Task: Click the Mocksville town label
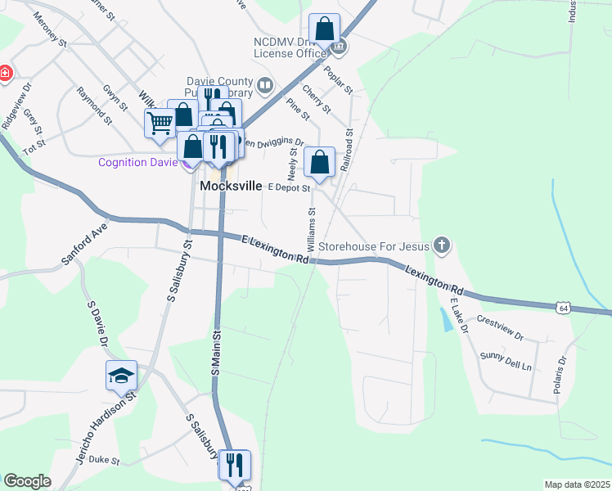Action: point(231,187)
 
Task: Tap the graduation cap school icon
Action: point(121,376)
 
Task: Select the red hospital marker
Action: point(6,73)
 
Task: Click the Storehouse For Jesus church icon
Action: point(442,245)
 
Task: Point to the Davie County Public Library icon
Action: point(265,85)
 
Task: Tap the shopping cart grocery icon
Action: point(160,124)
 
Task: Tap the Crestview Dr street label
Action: point(499,327)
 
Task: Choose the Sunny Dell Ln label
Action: point(506,361)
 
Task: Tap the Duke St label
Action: point(104,461)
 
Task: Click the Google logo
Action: point(27,481)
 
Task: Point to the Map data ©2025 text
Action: point(577,484)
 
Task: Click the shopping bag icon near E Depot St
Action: point(319,162)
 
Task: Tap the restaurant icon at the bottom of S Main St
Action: point(235,465)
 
